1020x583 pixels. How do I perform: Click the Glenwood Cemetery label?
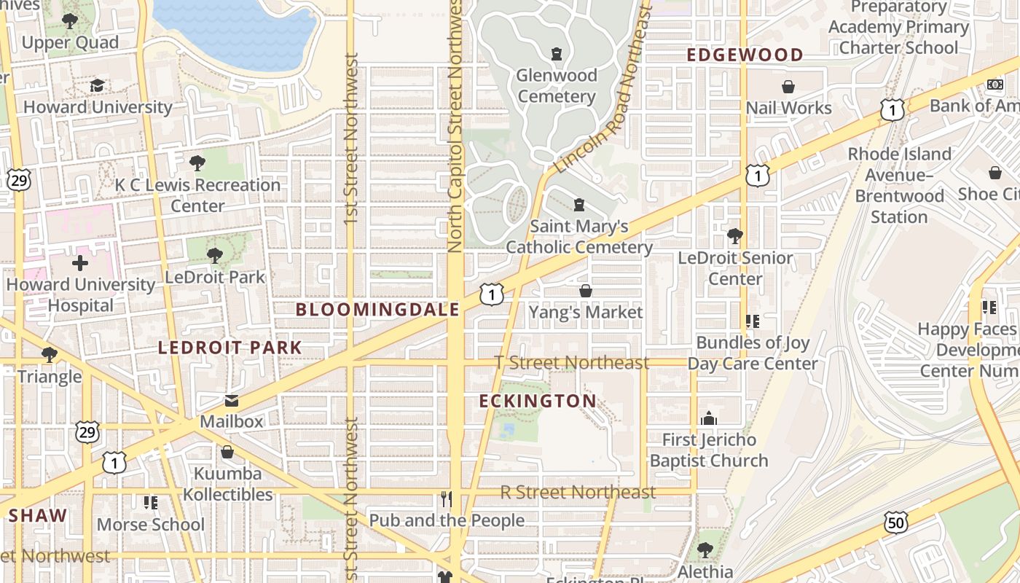(557, 86)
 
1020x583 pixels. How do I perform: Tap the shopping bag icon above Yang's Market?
(585, 291)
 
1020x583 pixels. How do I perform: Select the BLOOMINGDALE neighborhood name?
(377, 310)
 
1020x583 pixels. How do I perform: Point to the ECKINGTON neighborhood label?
(538, 402)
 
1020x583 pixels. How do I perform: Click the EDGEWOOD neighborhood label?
(745, 55)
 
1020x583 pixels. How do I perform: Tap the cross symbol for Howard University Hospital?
(80, 263)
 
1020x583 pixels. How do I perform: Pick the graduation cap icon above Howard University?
(97, 86)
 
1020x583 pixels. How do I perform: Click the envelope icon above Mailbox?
(231, 401)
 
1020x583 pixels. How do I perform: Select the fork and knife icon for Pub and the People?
(447, 499)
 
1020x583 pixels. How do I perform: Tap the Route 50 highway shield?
(896, 522)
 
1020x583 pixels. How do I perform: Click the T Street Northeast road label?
(572, 362)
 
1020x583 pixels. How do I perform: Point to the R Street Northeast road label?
(578, 492)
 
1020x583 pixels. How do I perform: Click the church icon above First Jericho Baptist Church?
(708, 419)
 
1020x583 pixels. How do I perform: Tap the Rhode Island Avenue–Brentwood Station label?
(900, 186)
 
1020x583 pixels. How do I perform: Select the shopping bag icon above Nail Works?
(788, 87)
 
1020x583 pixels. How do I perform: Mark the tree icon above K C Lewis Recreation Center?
(197, 163)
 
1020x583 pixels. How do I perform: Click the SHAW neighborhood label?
(38, 516)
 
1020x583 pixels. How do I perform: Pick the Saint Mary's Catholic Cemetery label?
(579, 237)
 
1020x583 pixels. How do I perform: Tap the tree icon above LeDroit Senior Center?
(735, 236)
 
